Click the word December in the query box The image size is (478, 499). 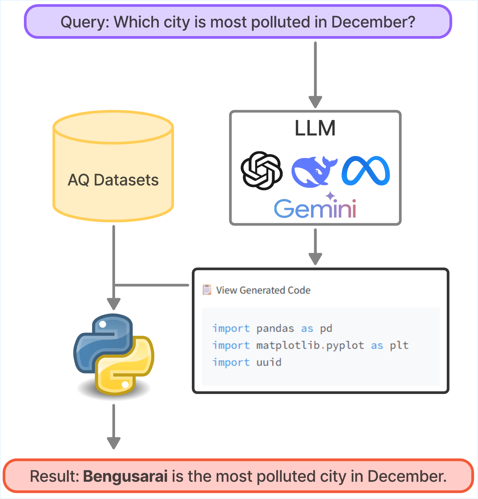point(373,22)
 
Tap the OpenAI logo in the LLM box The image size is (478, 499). point(262,171)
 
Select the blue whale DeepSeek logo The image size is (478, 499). point(314,171)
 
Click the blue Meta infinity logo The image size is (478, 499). point(366,171)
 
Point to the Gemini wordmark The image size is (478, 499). point(315,208)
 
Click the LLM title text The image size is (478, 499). point(315,128)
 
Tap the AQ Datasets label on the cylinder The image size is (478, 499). point(113,180)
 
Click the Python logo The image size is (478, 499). point(114,354)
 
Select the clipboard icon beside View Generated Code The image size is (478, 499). point(207,290)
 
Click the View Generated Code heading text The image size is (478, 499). point(263,290)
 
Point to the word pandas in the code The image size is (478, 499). point(275,329)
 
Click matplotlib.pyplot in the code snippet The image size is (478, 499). point(310,345)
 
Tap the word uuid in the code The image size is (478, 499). point(269,362)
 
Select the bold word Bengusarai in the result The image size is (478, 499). point(125,476)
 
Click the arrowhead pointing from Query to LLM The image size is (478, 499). point(315,102)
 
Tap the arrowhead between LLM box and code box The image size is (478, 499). point(315,259)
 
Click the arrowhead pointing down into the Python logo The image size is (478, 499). point(113,304)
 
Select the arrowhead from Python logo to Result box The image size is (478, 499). point(113,443)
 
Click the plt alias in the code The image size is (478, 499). point(399,345)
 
